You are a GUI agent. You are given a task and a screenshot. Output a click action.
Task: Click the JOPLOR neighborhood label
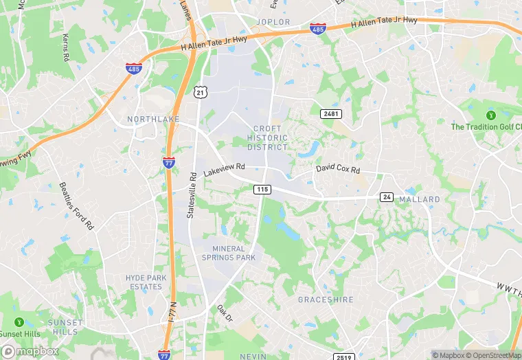point(273,22)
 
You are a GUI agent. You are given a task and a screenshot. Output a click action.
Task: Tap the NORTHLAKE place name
point(153,120)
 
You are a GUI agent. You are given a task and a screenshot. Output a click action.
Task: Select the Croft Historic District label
point(268,138)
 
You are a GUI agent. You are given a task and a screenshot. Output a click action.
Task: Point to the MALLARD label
point(419,199)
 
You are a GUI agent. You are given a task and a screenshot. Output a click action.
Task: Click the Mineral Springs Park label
point(229,253)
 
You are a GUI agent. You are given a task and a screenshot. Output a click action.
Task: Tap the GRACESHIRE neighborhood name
point(325,300)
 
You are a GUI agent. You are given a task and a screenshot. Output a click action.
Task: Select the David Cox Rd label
point(338,168)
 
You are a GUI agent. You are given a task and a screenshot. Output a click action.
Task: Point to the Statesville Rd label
point(193,194)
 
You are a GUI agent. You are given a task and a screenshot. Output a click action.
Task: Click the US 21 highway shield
point(199,91)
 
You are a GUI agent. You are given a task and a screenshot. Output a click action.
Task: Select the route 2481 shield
point(330,112)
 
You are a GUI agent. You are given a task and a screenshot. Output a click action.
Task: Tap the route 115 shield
point(262,189)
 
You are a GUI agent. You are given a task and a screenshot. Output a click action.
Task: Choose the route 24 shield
point(387,197)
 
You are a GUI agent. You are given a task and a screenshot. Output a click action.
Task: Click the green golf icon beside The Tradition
point(491,115)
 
